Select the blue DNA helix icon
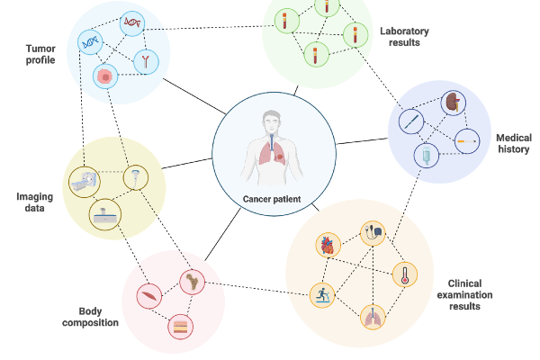pyautogui.click(x=91, y=41)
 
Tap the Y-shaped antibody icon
pyautogui.click(x=144, y=62)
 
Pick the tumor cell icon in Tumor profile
pyautogui.click(x=106, y=78)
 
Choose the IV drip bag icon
pyautogui.click(x=424, y=156)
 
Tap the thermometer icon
pyautogui.click(x=405, y=275)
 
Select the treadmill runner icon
pyautogui.click(x=322, y=294)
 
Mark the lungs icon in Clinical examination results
pyautogui.click(x=372, y=317)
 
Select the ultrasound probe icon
pyautogui.click(x=136, y=177)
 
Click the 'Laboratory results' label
pyautogui.click(x=405, y=36)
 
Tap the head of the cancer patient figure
pyautogui.click(x=274, y=119)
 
